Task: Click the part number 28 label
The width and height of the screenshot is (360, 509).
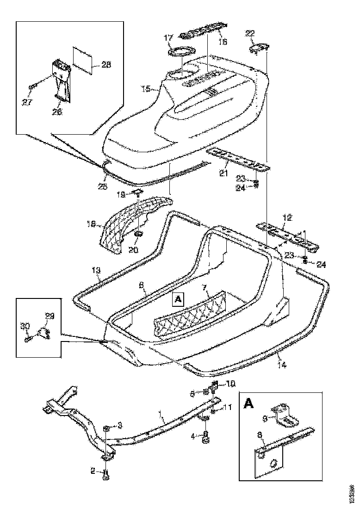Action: [106, 65]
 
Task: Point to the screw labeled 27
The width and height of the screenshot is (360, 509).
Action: [33, 87]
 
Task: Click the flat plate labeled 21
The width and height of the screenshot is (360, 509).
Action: [238, 158]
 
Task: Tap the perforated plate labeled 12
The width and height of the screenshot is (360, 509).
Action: [287, 235]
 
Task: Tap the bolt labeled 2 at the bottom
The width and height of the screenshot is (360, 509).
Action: [107, 474]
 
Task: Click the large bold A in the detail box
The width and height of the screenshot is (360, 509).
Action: [248, 404]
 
